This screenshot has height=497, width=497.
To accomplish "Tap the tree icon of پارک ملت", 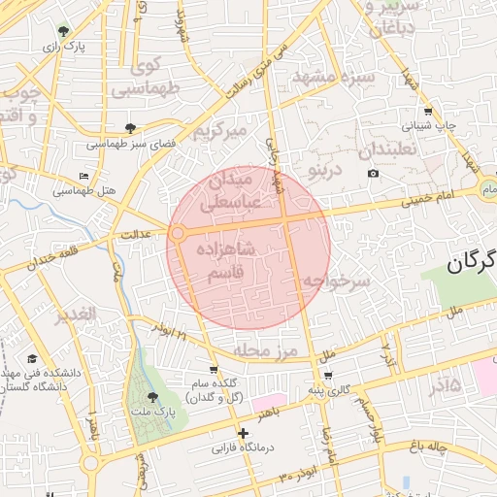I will (x=151, y=397).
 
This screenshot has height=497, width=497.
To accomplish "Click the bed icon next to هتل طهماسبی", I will (x=83, y=177).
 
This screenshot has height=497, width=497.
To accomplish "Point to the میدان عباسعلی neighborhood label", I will (x=228, y=191).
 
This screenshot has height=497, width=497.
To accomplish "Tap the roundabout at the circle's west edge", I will (x=177, y=234).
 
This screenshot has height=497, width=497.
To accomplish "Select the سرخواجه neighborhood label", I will (x=335, y=281).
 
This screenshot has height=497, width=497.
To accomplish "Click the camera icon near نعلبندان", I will (x=373, y=174).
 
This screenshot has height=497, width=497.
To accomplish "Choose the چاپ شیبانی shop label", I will (x=428, y=126).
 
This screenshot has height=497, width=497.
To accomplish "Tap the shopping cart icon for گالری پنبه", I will (x=328, y=376).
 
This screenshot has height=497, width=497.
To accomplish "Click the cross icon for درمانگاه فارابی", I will (x=242, y=433).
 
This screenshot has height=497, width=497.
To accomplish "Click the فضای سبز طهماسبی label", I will (x=130, y=144).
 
